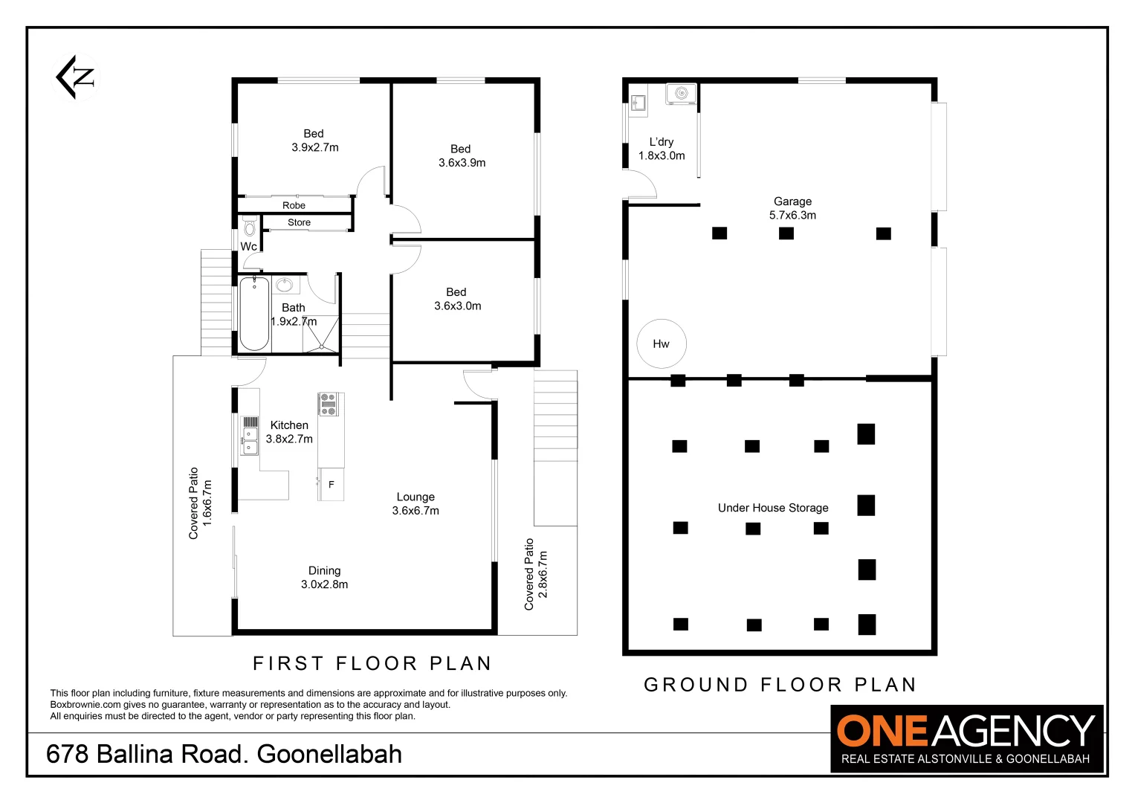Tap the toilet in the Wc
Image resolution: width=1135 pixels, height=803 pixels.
click(x=250, y=225)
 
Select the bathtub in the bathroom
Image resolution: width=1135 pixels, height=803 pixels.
click(x=254, y=313)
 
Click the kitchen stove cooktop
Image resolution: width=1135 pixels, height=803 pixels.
click(x=328, y=404)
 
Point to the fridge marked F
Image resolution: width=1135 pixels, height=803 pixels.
click(x=331, y=484)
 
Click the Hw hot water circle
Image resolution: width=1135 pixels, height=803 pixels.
click(x=661, y=344)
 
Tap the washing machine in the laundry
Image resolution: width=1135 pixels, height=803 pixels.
click(x=681, y=94)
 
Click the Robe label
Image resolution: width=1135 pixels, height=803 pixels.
click(x=294, y=205)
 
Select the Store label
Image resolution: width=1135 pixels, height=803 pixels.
click(x=299, y=222)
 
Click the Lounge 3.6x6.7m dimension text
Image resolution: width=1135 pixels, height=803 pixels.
click(x=415, y=511)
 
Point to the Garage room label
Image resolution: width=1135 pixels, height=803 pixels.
click(x=792, y=201)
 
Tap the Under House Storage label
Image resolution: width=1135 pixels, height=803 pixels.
click(x=773, y=508)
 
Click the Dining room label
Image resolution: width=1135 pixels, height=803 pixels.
click(x=325, y=571)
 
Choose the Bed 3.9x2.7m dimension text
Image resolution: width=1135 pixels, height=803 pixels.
click(x=315, y=148)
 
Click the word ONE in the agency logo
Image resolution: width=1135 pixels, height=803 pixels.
click(x=882, y=731)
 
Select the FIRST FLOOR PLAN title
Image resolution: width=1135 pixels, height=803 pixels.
click(x=372, y=663)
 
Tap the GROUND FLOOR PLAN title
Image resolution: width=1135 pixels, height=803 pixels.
click(x=780, y=685)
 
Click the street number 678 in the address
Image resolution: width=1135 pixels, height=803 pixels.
click(x=67, y=754)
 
